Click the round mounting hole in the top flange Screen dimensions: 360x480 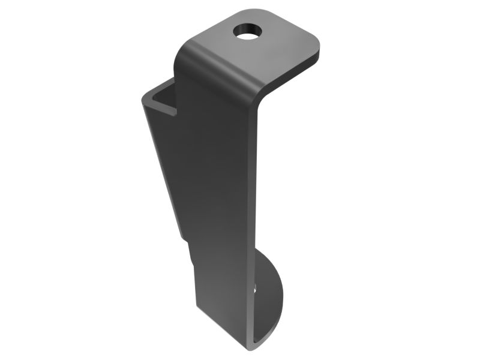[247, 30]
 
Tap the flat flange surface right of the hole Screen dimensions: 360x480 [282, 39]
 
